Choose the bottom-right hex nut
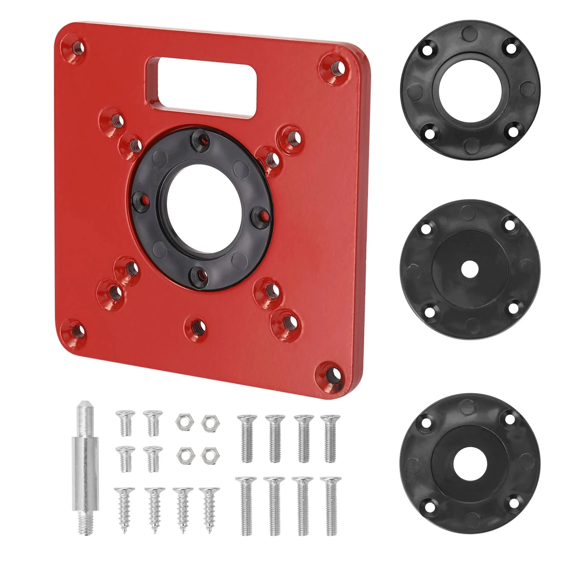(208, 454)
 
